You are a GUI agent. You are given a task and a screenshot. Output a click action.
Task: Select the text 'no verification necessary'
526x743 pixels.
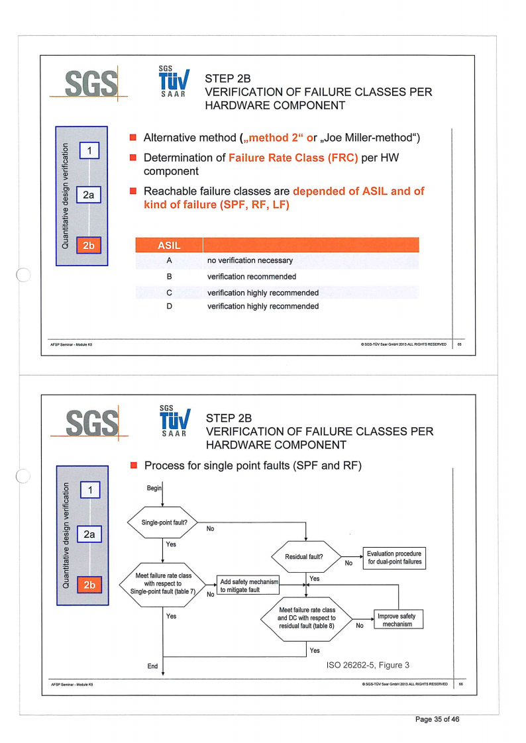[x=250, y=261]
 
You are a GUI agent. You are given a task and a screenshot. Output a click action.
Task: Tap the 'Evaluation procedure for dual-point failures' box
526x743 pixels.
[x=394, y=558]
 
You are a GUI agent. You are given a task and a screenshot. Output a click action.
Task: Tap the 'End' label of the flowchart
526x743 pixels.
[x=152, y=666]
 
